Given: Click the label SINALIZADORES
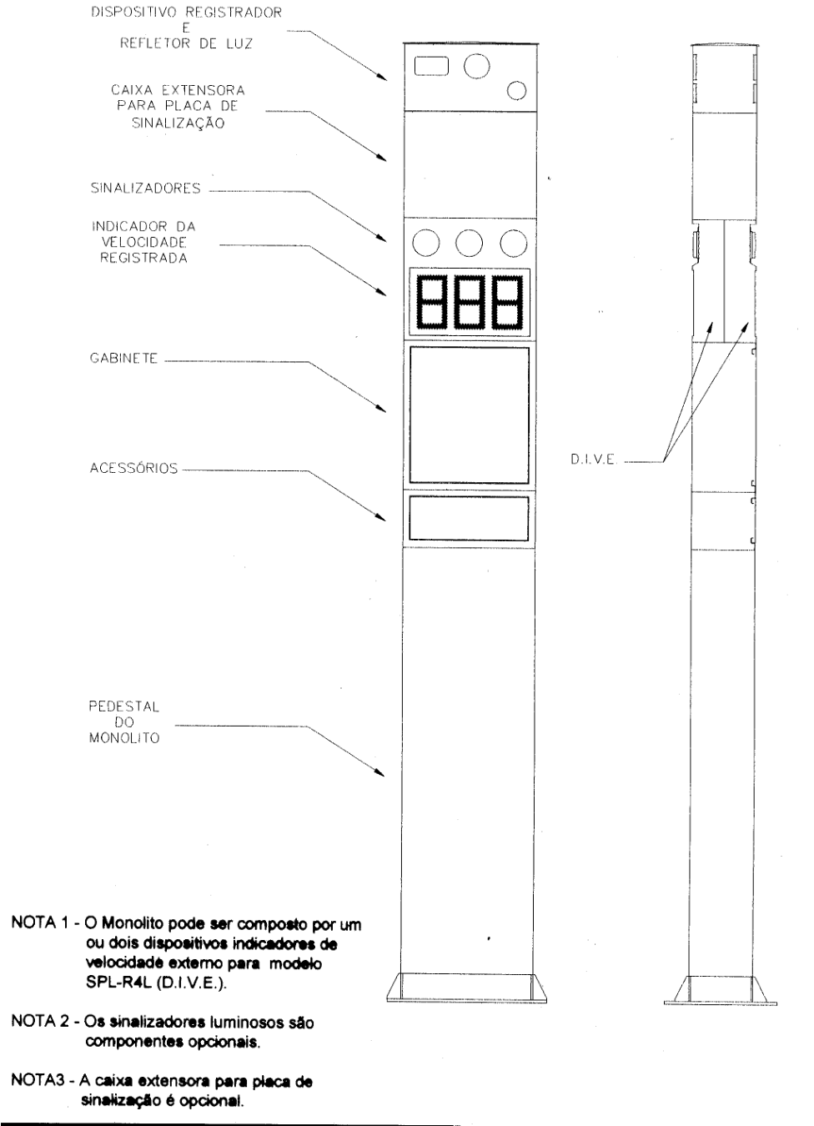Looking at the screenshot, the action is [x=146, y=188].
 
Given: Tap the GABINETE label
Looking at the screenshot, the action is [x=123, y=359].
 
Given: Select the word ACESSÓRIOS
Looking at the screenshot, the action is [x=133, y=467].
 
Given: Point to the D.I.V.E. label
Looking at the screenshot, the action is [x=593, y=460].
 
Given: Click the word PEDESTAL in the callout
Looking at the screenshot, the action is [x=123, y=706].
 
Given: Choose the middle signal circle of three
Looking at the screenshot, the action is [x=469, y=244].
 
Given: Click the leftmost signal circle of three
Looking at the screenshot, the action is [x=425, y=244].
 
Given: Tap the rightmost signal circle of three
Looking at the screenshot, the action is [x=514, y=244].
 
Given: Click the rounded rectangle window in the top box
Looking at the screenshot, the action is [x=431, y=66].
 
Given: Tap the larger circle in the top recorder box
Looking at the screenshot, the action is [x=476, y=66].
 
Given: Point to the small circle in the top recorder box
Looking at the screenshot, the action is [x=516, y=91].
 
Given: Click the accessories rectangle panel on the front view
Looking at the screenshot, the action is [x=469, y=518].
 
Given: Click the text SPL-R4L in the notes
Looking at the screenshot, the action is [x=118, y=983].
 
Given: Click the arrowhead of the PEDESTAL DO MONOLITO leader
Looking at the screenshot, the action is [x=379, y=772].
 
